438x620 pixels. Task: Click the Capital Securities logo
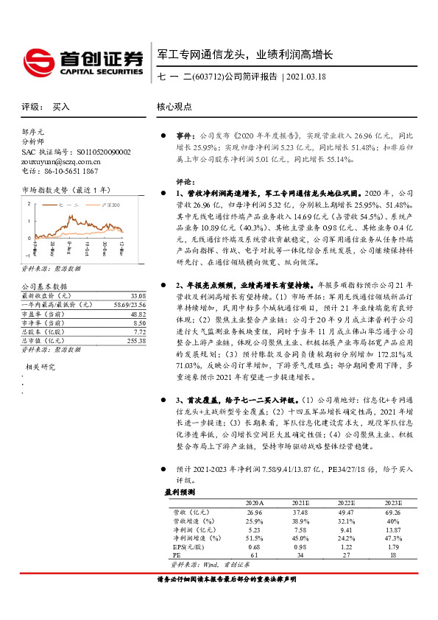click(82, 62)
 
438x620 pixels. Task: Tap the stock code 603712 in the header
click(205, 77)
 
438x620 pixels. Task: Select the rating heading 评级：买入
click(46, 107)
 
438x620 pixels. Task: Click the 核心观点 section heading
click(174, 107)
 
